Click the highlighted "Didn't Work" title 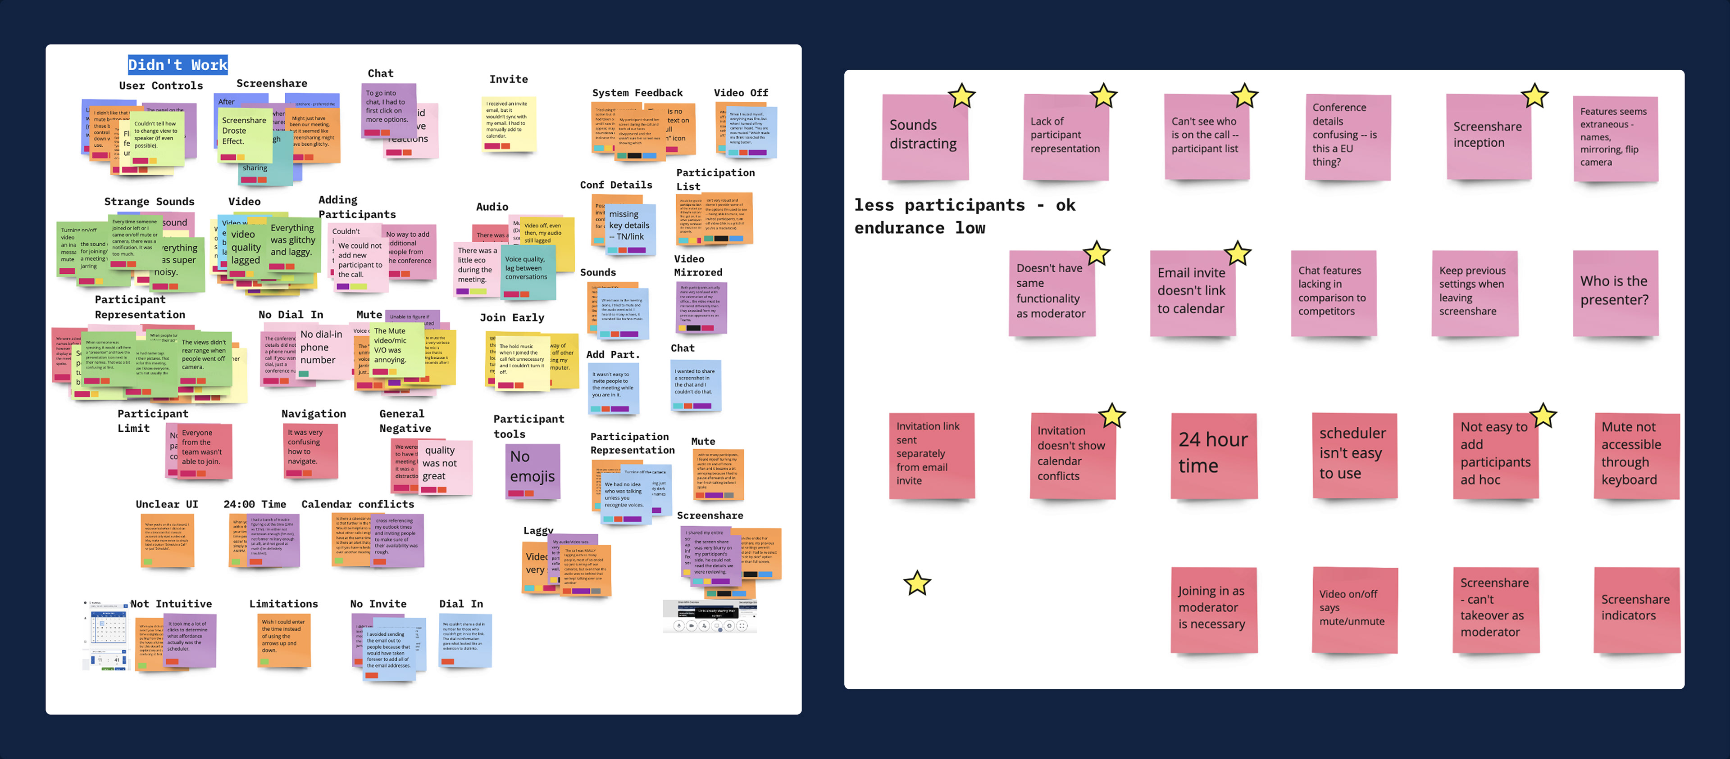tap(178, 65)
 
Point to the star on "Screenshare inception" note tap(1534, 97)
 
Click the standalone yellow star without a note tap(917, 583)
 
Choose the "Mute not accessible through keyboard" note tap(1635, 456)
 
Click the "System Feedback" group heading tap(637, 93)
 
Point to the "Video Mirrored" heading tap(698, 266)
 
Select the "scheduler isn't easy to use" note tap(1354, 455)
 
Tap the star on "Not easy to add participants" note tap(1543, 416)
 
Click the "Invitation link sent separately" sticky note tap(931, 455)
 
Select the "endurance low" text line tap(920, 228)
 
